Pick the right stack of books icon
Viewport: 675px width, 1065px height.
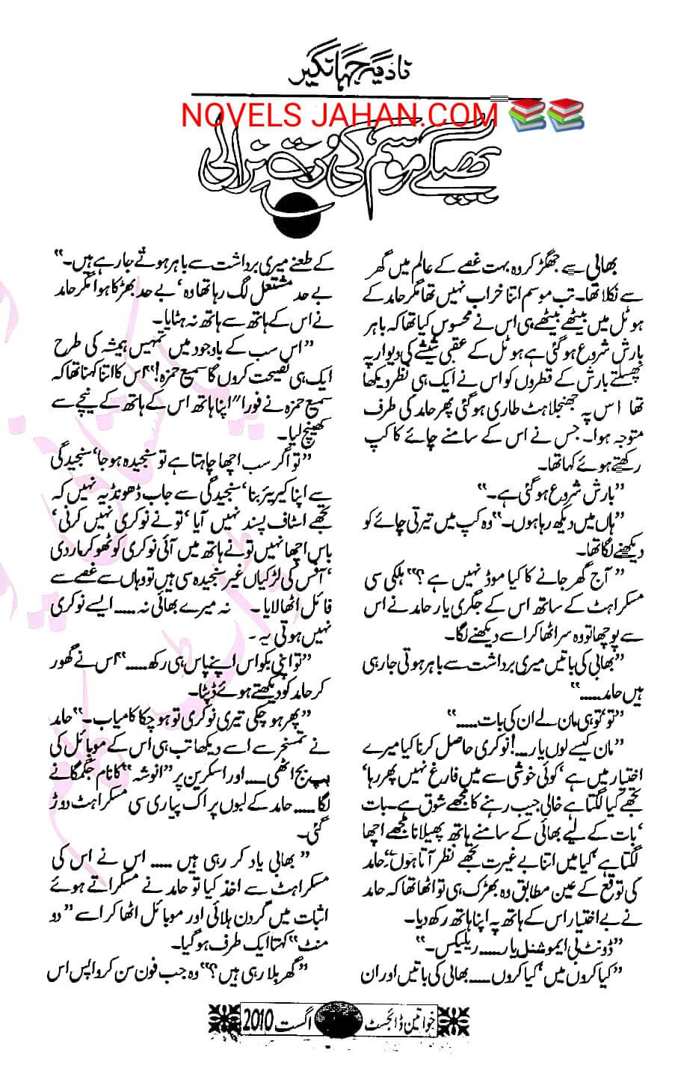tap(566, 114)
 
